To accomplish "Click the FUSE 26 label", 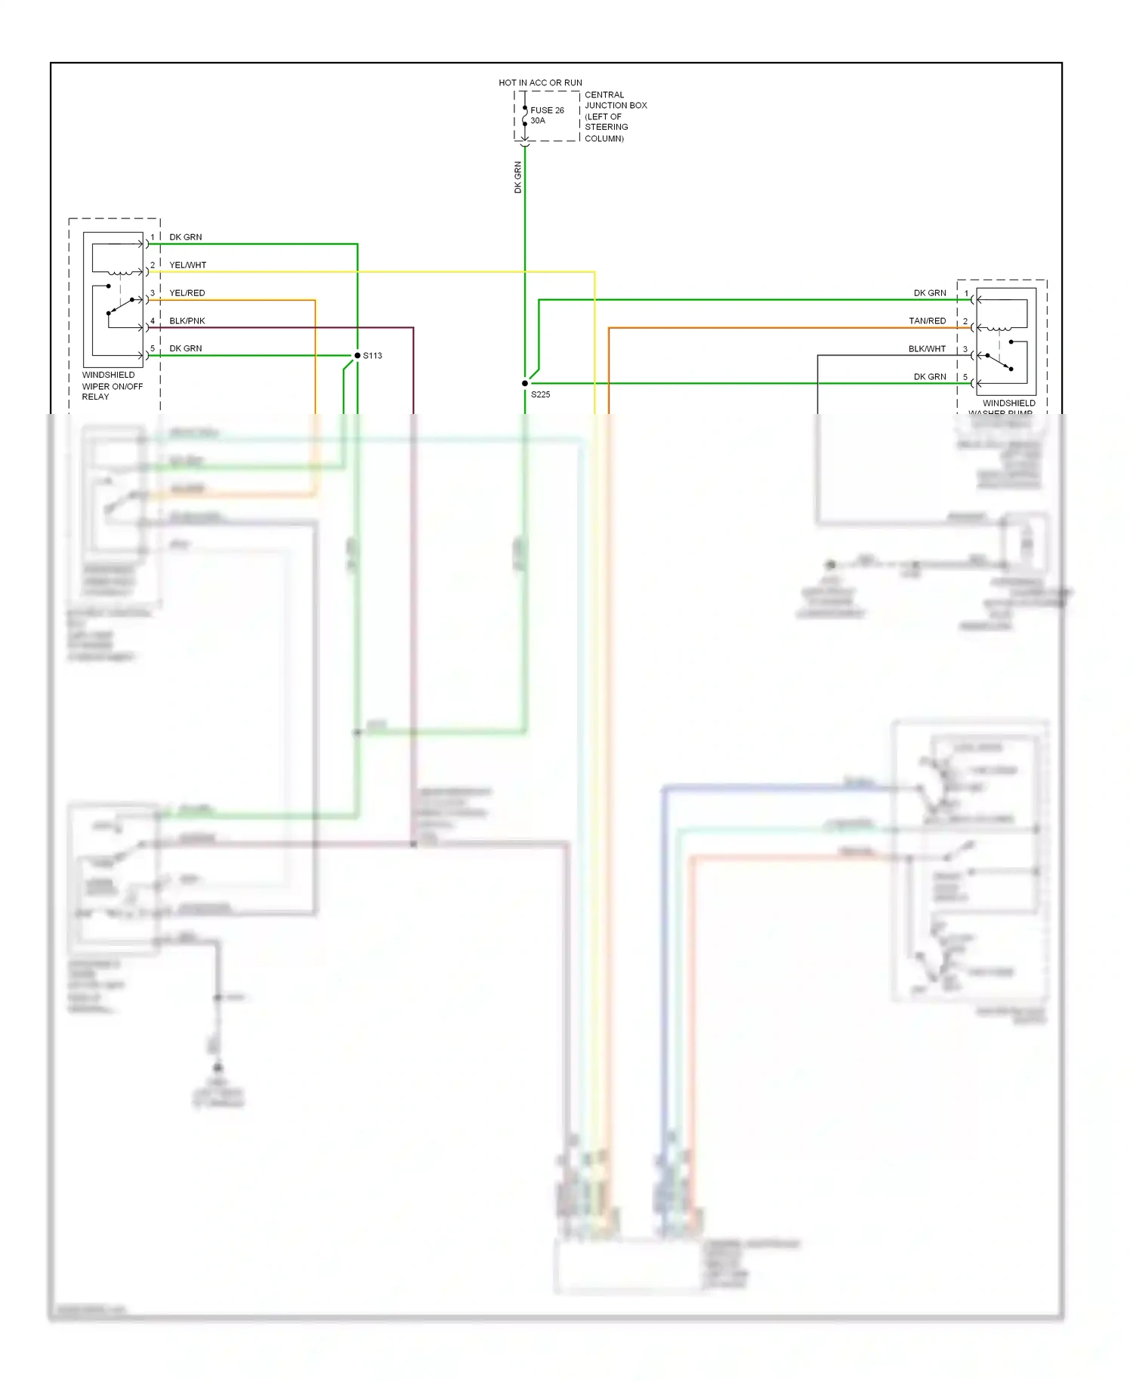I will [547, 110].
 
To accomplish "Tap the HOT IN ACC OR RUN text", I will [540, 82].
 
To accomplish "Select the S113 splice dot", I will [357, 355].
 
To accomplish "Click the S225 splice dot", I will [525, 383].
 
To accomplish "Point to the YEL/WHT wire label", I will [187, 265].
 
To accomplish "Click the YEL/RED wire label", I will [187, 293].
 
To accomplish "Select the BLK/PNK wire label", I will [187, 321].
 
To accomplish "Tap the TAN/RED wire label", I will [927, 321].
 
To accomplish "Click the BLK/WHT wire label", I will [927, 349].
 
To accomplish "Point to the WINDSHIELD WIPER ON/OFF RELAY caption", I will [112, 385].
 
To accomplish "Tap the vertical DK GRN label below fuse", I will [518, 178].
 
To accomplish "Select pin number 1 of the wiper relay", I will [153, 237].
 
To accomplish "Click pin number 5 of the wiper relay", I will [153, 348].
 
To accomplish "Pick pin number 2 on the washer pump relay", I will [965, 321].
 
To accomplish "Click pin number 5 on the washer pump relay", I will [965, 377].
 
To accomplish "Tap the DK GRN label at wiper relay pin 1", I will [185, 237].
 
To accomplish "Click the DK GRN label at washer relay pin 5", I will [929, 377].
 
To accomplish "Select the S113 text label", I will [372, 355].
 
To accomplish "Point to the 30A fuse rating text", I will [537, 121].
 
